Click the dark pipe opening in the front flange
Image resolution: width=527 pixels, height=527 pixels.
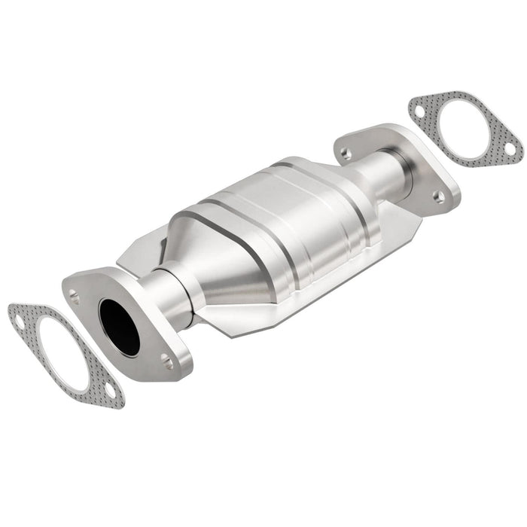click(x=120, y=327)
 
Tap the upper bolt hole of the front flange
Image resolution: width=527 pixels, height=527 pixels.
click(x=75, y=296)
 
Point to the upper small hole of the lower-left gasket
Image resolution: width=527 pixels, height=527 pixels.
click(x=16, y=321)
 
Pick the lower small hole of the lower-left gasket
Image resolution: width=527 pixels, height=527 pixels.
click(x=110, y=391)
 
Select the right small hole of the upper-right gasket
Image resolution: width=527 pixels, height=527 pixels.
click(x=510, y=149)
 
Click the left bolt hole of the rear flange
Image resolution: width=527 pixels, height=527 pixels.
click(x=346, y=153)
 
